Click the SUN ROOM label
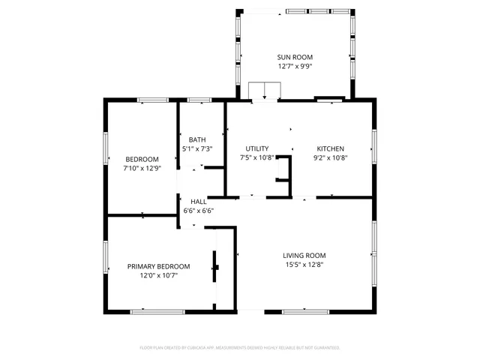pos(295,57)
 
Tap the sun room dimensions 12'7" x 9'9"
pos(295,66)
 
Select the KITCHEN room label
pos(330,148)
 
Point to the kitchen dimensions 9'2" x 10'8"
pos(330,157)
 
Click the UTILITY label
pos(257,148)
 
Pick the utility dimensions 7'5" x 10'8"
pos(257,157)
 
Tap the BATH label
pos(197,139)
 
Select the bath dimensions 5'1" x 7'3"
pos(197,148)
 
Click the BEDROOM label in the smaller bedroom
pos(142,159)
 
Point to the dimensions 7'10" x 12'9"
pos(142,168)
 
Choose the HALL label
pos(199,202)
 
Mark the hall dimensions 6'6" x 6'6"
pos(199,211)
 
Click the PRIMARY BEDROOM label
pos(158,266)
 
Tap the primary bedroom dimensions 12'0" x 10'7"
pos(158,275)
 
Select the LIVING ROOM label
pos(304,255)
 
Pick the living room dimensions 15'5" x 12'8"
pos(304,264)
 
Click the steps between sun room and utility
pos(264,91)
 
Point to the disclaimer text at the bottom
pos(240,348)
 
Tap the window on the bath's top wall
pos(199,100)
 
